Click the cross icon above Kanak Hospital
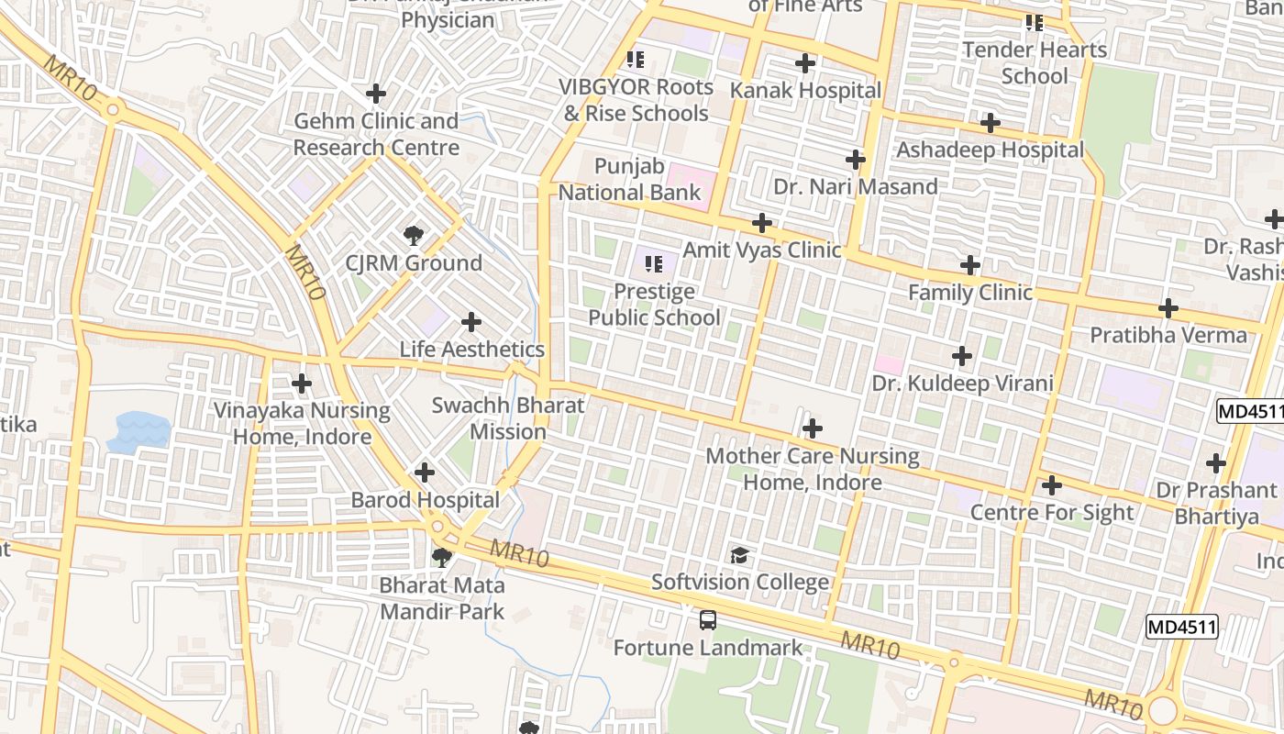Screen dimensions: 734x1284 pyautogui.click(x=805, y=63)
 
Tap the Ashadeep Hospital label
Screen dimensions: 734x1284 pyautogui.click(x=990, y=150)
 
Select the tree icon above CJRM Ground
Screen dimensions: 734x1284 pyautogui.click(x=414, y=236)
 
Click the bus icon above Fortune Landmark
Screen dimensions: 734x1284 pyautogui.click(x=707, y=619)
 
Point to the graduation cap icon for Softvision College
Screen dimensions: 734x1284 pyautogui.click(x=739, y=554)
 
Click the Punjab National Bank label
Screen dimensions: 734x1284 pyautogui.click(x=629, y=180)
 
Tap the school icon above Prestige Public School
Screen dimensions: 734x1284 pyautogui.click(x=654, y=264)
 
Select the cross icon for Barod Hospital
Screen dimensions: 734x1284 pyautogui.click(x=424, y=473)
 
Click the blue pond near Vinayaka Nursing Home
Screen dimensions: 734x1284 pyautogui.click(x=138, y=432)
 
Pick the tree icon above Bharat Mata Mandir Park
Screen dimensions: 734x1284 pyautogui.click(x=442, y=557)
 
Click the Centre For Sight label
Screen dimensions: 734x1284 pyautogui.click(x=1052, y=512)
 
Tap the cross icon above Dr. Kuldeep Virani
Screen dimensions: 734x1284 pyautogui.click(x=962, y=355)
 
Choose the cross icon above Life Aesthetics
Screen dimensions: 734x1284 pyautogui.click(x=471, y=322)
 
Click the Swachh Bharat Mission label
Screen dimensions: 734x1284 pyautogui.click(x=508, y=418)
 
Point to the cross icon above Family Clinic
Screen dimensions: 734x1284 pyautogui.click(x=970, y=266)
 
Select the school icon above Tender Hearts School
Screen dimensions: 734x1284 pyautogui.click(x=1035, y=23)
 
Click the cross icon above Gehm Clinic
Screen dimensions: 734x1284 pyautogui.click(x=376, y=94)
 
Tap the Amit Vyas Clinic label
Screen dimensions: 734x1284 pyautogui.click(x=761, y=250)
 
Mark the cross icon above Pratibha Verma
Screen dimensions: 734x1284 pyautogui.click(x=1168, y=308)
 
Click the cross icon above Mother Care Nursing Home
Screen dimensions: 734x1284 pyautogui.click(x=813, y=428)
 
